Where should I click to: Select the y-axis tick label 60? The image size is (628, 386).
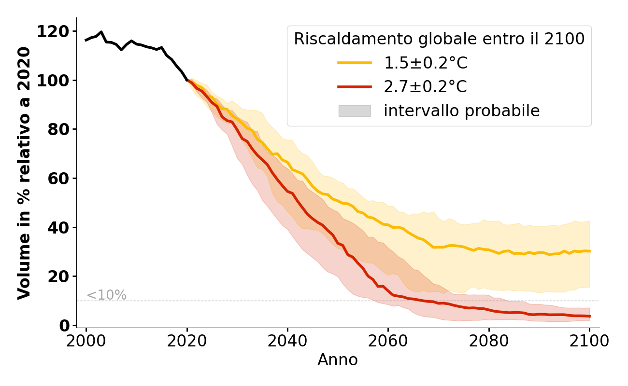(58, 179)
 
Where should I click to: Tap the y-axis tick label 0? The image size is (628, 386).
(64, 326)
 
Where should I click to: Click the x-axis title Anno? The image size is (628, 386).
(338, 360)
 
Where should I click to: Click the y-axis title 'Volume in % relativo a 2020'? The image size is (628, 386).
(24, 173)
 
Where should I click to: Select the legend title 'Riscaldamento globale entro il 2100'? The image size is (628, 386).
(439, 39)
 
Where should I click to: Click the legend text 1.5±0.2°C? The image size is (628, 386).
(426, 63)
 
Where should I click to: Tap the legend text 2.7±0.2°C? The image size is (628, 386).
(426, 87)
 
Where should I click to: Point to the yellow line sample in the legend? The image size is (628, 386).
(355, 63)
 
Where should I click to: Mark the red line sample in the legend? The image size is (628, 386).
(355, 87)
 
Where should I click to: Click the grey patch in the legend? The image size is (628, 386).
(355, 111)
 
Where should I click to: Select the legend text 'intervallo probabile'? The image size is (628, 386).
(461, 111)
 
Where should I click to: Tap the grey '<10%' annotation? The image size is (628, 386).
(107, 295)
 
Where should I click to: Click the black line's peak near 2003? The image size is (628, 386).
(101, 32)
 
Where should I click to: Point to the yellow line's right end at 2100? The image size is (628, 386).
(589, 251)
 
